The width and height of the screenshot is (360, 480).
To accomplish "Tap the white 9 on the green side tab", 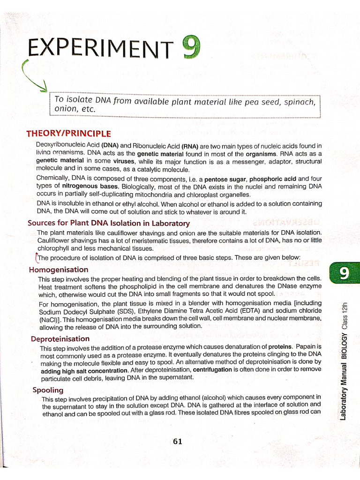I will [x=344, y=273].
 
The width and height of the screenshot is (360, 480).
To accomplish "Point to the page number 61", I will [x=178, y=441].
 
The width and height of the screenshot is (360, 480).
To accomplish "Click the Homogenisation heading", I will [x=58, y=270].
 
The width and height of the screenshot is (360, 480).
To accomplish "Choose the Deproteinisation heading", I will [x=60, y=338].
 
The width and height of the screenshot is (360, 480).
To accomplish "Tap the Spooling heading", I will [x=48, y=390].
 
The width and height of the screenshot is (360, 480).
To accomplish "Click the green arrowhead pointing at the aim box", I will [x=44, y=86].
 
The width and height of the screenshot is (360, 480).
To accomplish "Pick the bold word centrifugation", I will [x=212, y=369].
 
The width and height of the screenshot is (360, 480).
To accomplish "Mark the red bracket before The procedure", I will [x=36, y=258].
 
